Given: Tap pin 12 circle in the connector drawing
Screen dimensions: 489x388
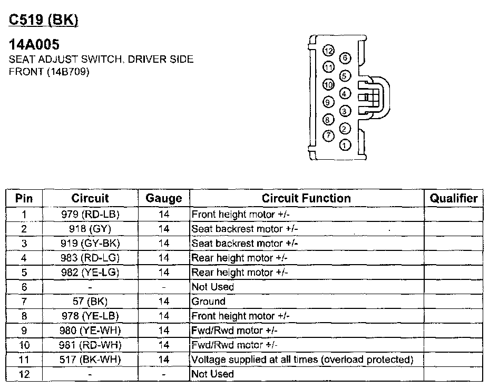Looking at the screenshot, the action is click(329, 51).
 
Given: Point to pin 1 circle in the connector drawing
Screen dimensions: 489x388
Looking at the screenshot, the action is click(346, 144).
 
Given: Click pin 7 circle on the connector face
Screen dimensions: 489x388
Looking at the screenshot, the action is click(328, 136).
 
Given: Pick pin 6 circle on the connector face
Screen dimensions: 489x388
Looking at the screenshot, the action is click(346, 58).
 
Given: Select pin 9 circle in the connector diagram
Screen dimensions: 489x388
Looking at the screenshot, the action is click(328, 102).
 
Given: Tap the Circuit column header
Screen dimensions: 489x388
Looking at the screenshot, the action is click(90, 199).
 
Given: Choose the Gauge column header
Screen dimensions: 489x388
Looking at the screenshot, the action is click(164, 199).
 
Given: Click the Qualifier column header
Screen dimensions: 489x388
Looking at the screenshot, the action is click(454, 199).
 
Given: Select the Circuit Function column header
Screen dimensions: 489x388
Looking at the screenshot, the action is click(306, 199).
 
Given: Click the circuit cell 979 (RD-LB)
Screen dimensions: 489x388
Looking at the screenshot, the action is click(90, 215).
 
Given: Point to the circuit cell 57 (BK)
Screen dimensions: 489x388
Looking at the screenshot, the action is click(90, 302).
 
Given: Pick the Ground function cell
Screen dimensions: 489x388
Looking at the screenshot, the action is click(209, 302).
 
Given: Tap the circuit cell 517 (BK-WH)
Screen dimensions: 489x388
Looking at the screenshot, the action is click(90, 360).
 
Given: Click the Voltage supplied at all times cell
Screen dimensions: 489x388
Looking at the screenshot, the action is click(301, 360).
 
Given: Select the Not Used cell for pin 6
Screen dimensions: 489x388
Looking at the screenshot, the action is click(213, 287).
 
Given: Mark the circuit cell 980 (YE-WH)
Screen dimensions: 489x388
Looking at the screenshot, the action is click(90, 331).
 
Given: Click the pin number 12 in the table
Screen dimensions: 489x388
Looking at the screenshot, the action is click(24, 374).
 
